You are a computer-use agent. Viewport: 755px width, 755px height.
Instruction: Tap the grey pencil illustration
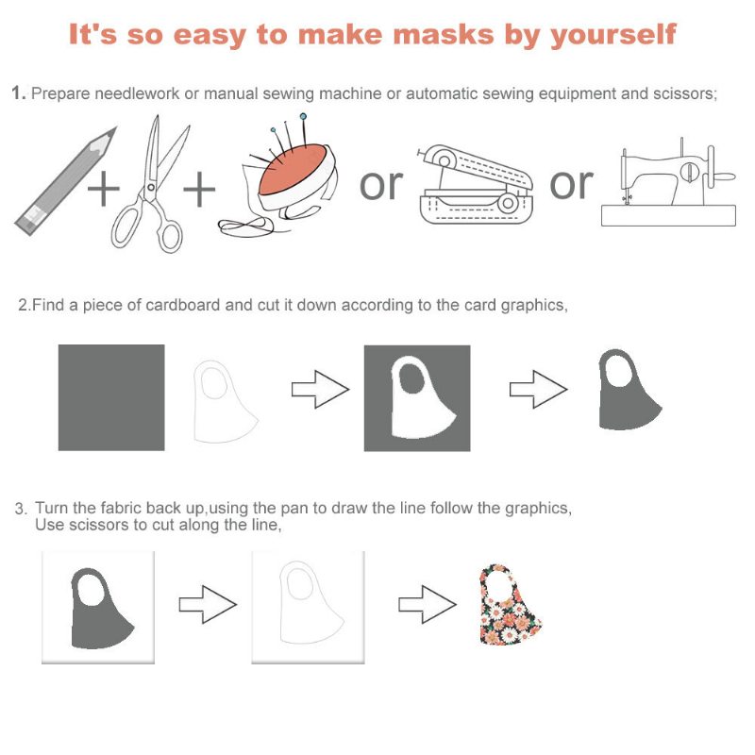point(66,181)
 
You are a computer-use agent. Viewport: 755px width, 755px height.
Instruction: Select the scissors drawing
point(150,184)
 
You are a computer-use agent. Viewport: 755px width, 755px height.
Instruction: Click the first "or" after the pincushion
point(381,185)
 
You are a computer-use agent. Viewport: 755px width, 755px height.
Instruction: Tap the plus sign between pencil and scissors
point(104,188)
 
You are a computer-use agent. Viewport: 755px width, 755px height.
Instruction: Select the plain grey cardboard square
point(111,397)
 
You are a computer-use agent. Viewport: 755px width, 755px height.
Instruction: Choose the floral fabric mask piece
point(511,605)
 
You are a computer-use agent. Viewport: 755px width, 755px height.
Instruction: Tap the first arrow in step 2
point(320,389)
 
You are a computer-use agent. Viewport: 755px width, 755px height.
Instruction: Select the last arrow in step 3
point(428,604)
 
